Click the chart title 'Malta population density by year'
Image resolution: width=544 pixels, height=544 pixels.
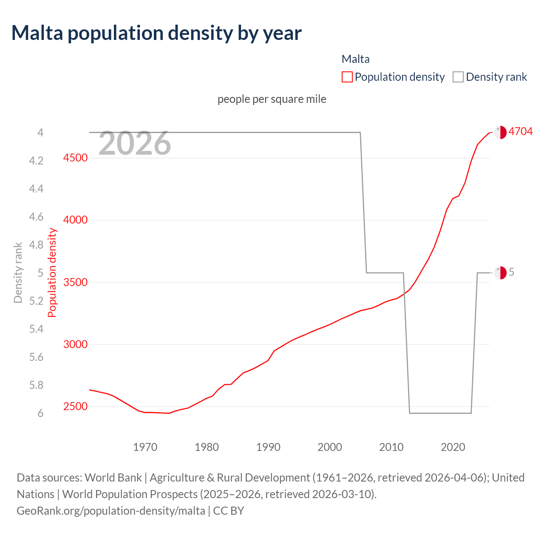[156, 33]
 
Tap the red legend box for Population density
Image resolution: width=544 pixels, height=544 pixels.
[347, 77]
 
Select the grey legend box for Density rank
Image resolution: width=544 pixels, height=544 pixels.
[458, 77]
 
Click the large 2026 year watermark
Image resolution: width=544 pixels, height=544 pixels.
[135, 144]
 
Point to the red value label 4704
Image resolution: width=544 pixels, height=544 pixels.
[520, 131]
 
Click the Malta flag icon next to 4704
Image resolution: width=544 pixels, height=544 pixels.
[500, 132]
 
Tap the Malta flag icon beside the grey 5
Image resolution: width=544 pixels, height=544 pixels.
[500, 272]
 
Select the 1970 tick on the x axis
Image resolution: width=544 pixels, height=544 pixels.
[145, 447]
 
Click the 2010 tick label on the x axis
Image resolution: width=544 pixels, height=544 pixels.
[391, 447]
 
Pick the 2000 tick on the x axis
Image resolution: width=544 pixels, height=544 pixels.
[330, 447]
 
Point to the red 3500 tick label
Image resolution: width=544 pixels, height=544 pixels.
[75, 283]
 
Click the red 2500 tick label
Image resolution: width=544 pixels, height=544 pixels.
[75, 407]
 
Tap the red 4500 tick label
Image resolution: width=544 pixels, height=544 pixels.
[75, 158]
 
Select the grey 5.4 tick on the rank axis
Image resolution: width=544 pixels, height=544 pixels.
[36, 329]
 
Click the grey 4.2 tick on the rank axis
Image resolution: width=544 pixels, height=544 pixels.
[36, 161]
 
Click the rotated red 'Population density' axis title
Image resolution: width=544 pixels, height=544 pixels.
[52, 272]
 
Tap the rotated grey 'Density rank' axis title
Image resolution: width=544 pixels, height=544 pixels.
[18, 272]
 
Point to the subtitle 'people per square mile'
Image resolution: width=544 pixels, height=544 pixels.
[272, 99]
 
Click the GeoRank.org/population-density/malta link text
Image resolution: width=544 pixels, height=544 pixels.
[111, 510]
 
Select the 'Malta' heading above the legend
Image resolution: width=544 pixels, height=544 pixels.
[356, 59]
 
